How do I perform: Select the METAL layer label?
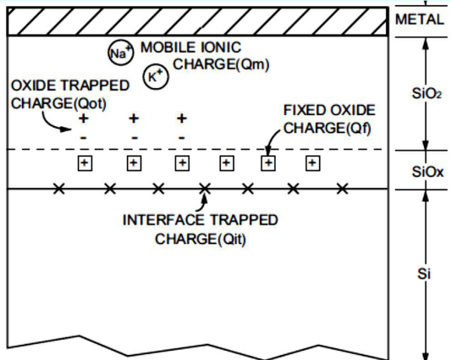[x=420, y=19]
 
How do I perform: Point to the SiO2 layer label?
[x=426, y=93]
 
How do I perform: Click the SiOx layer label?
[x=427, y=172]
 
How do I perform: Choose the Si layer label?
[x=424, y=274]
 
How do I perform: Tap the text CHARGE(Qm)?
[x=221, y=64]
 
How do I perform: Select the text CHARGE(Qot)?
[x=58, y=103]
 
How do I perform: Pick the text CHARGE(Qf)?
[x=327, y=128]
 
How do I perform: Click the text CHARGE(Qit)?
[x=201, y=240]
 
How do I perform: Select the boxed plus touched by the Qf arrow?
[x=268, y=163]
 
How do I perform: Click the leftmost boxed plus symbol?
[x=85, y=163]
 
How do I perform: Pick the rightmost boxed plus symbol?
[x=312, y=163]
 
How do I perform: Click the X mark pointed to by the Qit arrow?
[x=205, y=189]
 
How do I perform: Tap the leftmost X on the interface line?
[x=59, y=189]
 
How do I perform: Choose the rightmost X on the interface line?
[x=343, y=189]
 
